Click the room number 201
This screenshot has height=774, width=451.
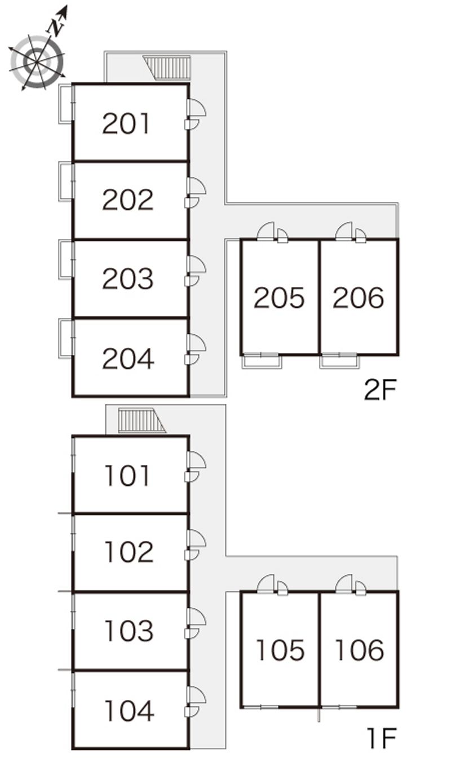[127, 123]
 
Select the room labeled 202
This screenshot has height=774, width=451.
[127, 200]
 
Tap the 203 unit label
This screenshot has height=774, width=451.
[127, 278]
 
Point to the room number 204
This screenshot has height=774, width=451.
[128, 359]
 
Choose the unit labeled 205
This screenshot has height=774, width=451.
[279, 298]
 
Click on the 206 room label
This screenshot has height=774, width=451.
[359, 298]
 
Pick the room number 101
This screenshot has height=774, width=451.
[127, 476]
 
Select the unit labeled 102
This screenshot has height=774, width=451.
[129, 552]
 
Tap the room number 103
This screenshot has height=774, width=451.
[129, 631]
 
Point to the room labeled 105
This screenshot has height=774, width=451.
[280, 650]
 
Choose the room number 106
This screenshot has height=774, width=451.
[359, 650]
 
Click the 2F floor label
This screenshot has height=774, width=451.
[381, 390]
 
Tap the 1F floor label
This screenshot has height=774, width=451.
[382, 738]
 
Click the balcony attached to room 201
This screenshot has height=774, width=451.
[66, 103]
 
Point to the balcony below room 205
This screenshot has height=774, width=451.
[262, 361]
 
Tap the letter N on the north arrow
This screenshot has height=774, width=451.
[54, 26]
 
